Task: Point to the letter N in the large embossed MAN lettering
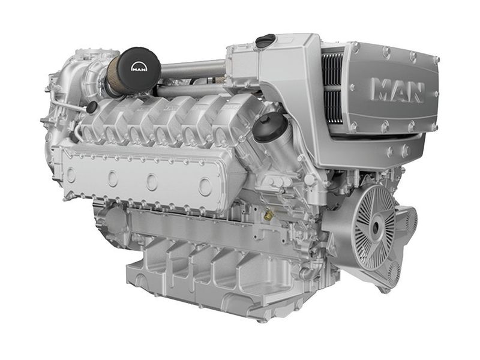click(415, 91)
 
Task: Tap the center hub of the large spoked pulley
click(376, 227)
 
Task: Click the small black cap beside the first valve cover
click(92, 107)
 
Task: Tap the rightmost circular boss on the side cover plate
click(205, 187)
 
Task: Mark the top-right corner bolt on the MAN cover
click(436, 59)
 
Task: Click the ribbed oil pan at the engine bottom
click(198, 270)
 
